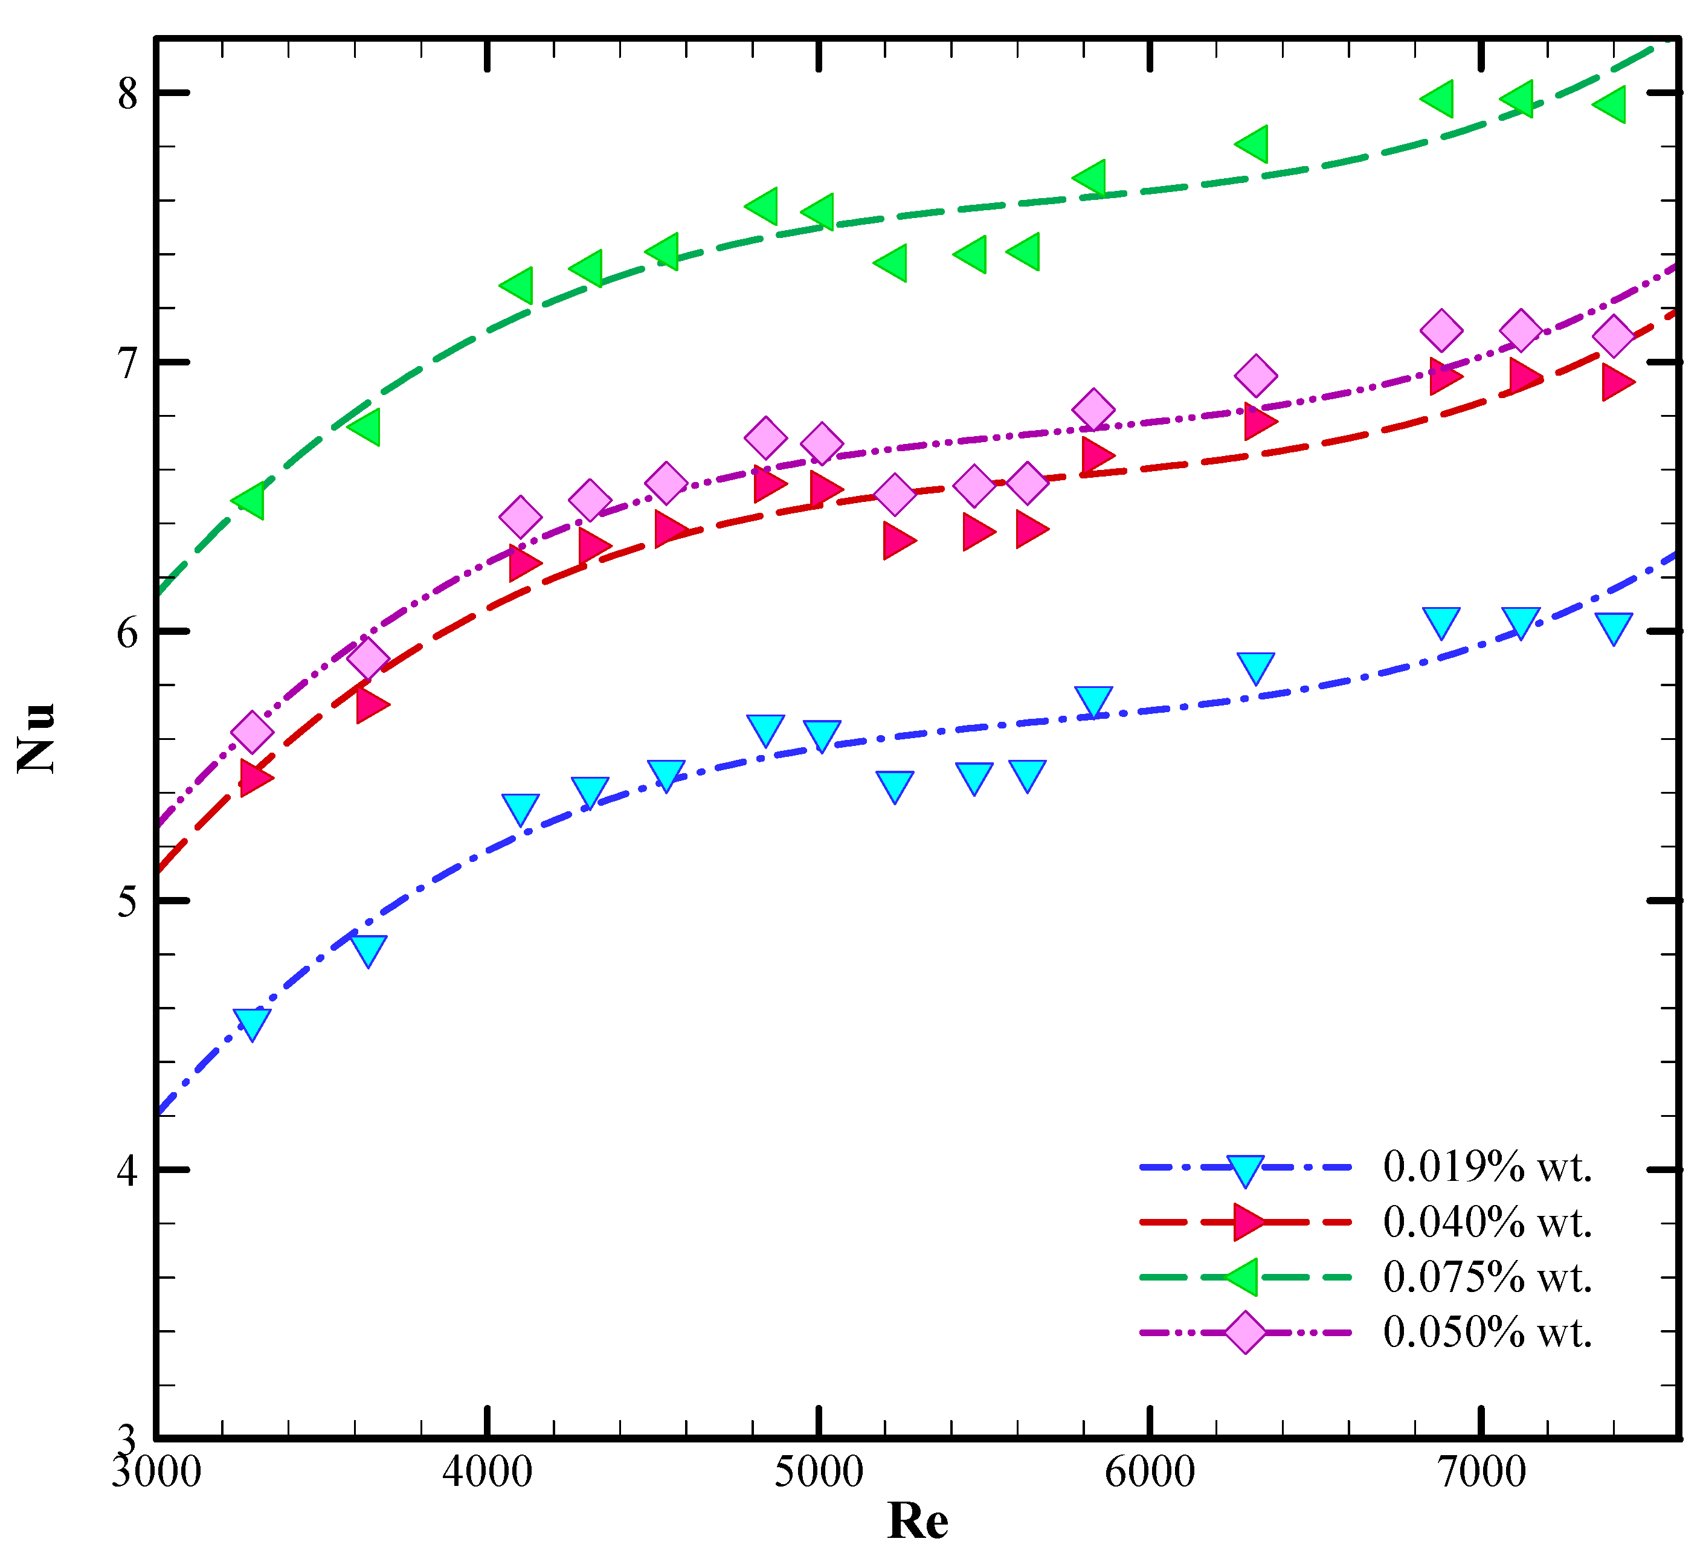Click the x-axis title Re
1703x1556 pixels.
coord(918,1520)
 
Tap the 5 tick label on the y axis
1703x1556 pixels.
coord(127,901)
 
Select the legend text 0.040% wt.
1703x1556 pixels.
coord(1487,1221)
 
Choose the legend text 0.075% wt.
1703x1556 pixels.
coord(1487,1276)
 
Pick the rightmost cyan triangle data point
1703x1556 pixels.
coord(1614,628)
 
